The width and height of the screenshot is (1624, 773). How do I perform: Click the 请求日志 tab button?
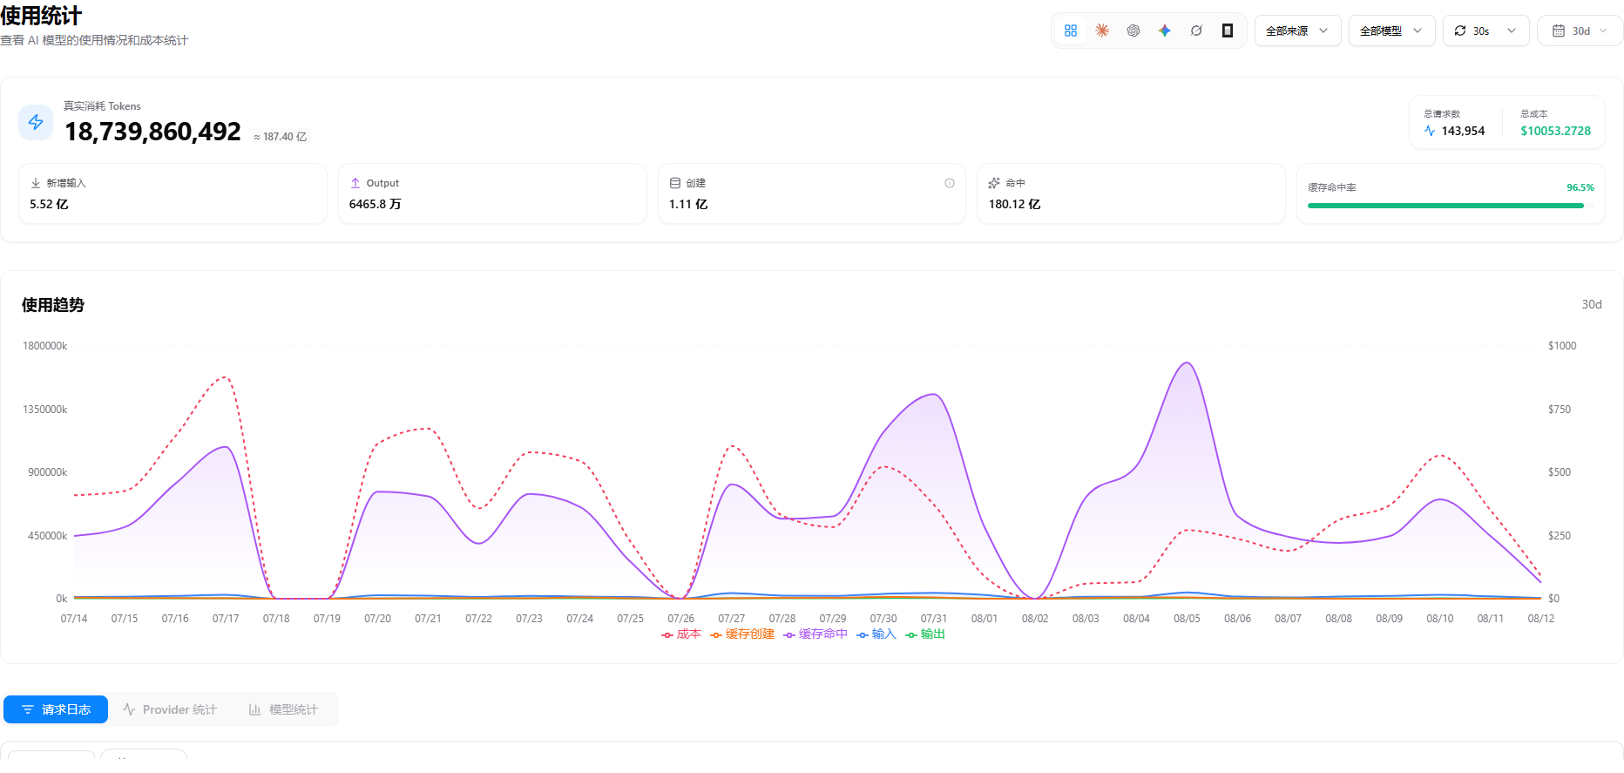(56, 709)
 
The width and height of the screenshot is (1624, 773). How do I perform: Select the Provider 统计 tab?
(170, 709)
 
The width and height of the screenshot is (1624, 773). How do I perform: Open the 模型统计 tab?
(283, 709)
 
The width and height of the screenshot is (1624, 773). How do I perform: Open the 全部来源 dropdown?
(1297, 31)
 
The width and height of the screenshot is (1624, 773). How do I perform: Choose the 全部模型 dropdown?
(1391, 31)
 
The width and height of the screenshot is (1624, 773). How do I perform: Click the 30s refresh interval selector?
(1485, 31)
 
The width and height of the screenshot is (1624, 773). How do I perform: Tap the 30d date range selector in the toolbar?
(1580, 31)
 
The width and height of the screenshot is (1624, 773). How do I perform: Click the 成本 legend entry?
(681, 634)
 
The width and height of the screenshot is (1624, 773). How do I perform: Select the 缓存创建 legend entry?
(742, 634)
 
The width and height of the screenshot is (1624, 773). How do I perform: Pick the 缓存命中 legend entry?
(815, 634)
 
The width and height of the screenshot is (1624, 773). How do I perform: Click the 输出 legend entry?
(925, 634)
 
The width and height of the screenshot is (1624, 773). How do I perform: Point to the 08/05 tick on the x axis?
(1187, 619)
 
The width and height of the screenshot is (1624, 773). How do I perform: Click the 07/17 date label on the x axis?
(226, 619)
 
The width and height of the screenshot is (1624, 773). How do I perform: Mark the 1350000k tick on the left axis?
(45, 410)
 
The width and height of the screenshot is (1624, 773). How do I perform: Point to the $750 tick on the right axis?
(1560, 410)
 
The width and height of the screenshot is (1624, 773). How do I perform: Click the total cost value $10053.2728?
(1555, 131)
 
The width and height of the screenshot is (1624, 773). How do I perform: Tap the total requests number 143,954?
(1463, 131)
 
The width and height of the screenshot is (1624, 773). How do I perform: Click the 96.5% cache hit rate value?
(1580, 187)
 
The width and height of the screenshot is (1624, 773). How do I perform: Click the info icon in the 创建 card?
(950, 183)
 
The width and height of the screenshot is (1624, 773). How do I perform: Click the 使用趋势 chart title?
(53, 305)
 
